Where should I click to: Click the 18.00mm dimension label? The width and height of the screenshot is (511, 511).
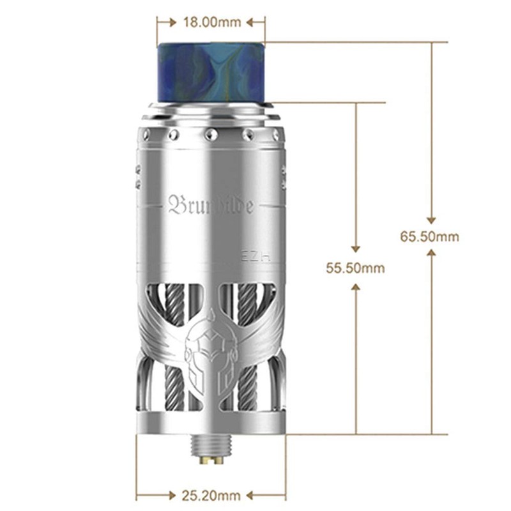pyautogui.click(x=211, y=22)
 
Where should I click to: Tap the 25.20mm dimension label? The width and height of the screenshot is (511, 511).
pyautogui.click(x=211, y=495)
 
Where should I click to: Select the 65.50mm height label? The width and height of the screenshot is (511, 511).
pyautogui.click(x=430, y=236)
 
